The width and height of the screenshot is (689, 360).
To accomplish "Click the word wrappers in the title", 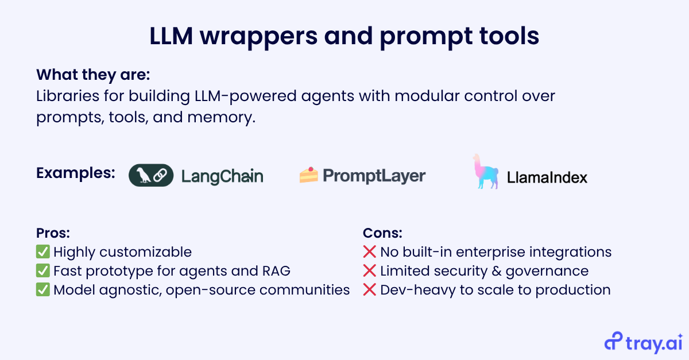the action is (x=259, y=37).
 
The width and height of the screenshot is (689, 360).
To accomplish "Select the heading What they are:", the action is (x=93, y=75).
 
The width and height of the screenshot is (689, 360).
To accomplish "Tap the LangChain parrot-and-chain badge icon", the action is (x=151, y=175).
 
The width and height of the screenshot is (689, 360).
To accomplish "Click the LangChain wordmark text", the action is (x=222, y=176).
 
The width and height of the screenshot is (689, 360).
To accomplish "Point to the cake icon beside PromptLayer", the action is (x=309, y=175).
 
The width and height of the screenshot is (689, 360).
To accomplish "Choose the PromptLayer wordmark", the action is (x=374, y=176).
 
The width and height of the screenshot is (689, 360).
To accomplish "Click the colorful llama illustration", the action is (x=485, y=171).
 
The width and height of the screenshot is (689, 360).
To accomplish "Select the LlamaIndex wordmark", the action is (x=547, y=177).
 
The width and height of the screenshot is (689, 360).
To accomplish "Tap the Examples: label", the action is (x=76, y=173).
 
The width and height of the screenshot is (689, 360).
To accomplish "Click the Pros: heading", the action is (x=53, y=233).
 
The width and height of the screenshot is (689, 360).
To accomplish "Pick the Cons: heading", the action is (x=382, y=233).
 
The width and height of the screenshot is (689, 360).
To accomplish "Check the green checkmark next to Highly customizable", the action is (x=42, y=251).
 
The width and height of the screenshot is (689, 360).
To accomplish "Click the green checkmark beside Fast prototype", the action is (x=42, y=271).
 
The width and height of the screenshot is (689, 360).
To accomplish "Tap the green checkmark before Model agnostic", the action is (x=42, y=289).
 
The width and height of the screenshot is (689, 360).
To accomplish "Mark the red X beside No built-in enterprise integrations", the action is (x=369, y=251).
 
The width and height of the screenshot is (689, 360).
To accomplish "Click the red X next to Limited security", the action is (x=369, y=271).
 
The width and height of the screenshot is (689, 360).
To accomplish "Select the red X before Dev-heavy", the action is (x=369, y=289).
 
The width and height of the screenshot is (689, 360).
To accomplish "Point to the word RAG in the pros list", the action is (x=276, y=271).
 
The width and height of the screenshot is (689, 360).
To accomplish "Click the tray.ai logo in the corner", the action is (x=644, y=342).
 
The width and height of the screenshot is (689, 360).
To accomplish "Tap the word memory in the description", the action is (x=222, y=117).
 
